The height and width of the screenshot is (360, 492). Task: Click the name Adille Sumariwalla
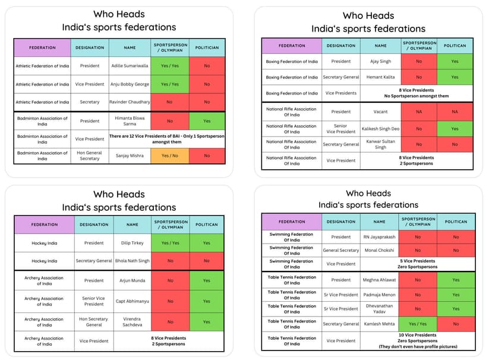click(130, 66)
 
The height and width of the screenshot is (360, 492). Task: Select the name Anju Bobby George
click(130, 84)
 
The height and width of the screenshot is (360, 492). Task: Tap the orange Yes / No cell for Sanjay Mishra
click(169, 156)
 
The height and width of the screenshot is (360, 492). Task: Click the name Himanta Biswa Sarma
click(130, 121)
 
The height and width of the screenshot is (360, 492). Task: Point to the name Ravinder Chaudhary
click(130, 102)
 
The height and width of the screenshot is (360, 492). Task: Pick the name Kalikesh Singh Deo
click(380, 129)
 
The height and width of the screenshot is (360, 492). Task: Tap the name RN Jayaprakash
click(379, 237)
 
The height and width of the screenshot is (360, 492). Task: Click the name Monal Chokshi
click(379, 250)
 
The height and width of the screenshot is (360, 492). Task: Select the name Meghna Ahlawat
click(379, 280)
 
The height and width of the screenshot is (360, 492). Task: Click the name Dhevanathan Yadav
click(379, 309)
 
